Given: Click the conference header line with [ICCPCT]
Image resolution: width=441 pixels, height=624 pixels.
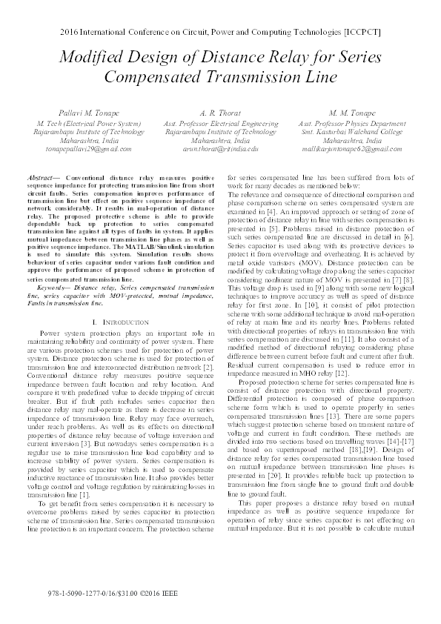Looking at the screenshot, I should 221,34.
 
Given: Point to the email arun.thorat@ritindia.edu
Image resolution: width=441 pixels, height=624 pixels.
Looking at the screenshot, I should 220,148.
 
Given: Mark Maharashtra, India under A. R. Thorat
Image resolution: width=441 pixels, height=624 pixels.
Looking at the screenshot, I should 220,139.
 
